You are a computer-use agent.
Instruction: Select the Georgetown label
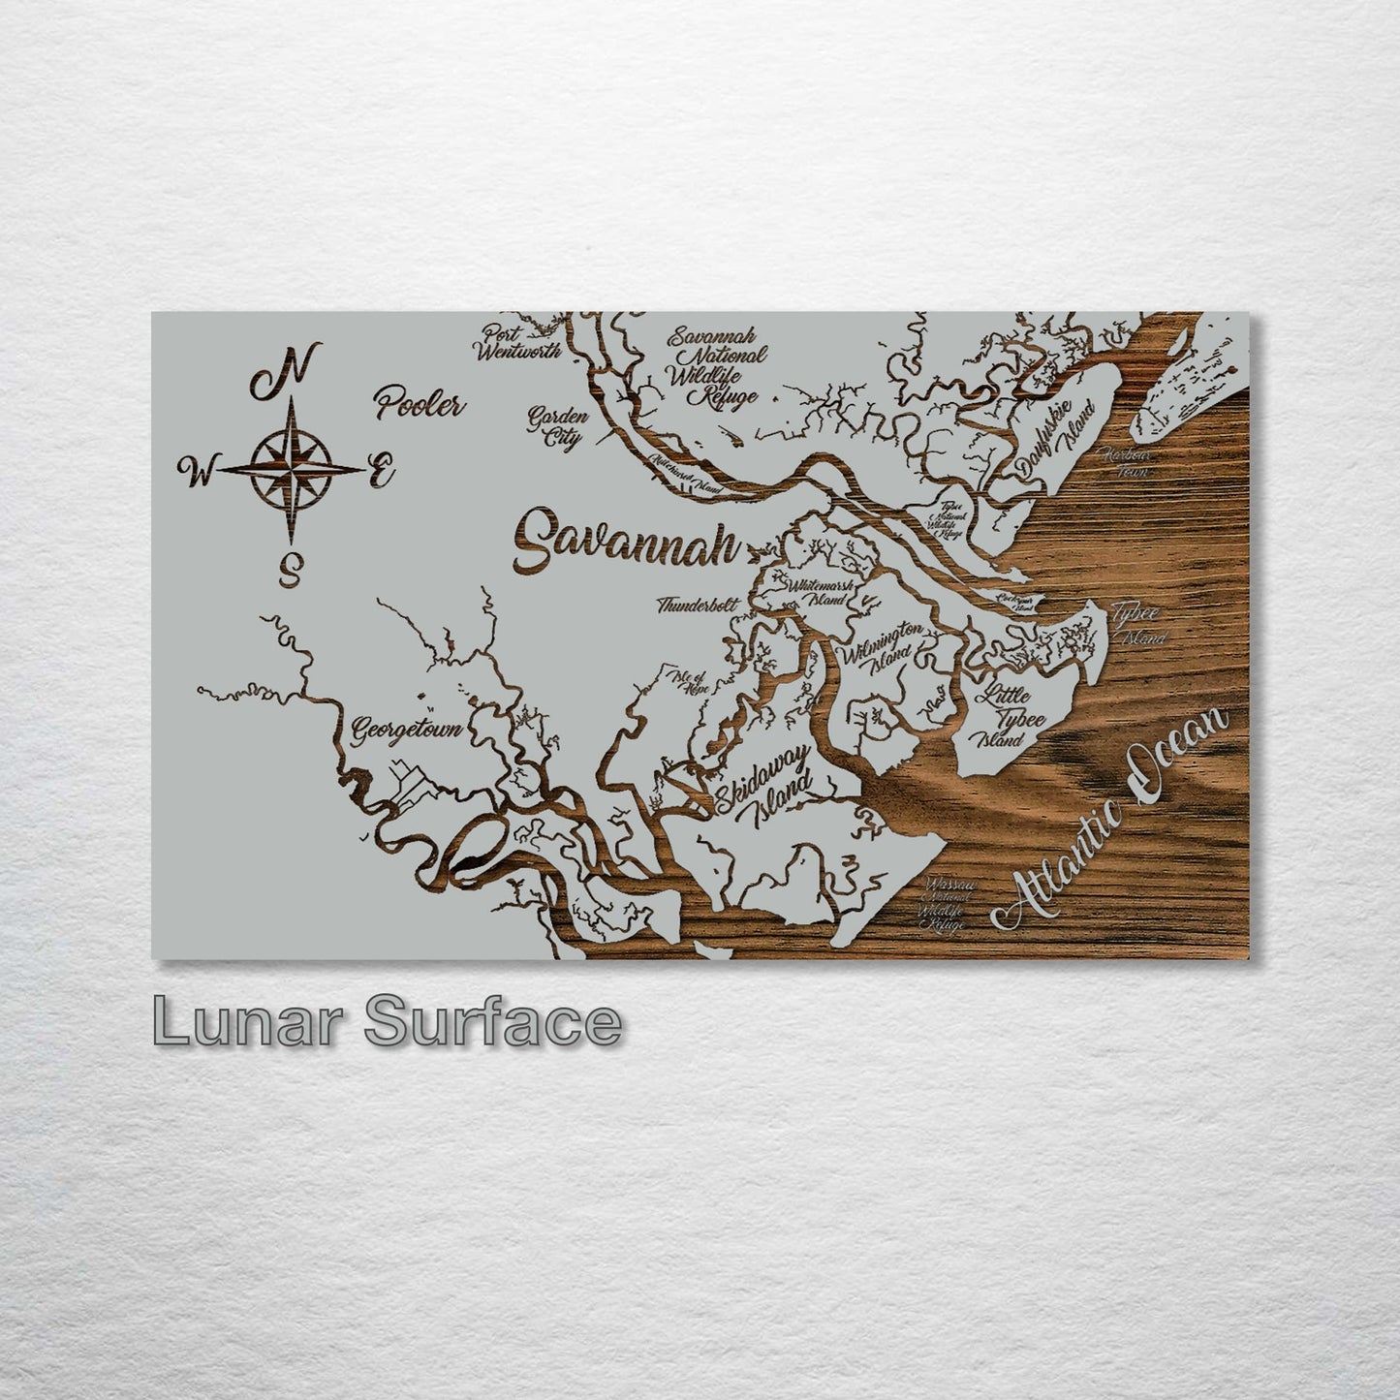tap(405, 727)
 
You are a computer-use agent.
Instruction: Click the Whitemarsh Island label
tap(820, 591)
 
